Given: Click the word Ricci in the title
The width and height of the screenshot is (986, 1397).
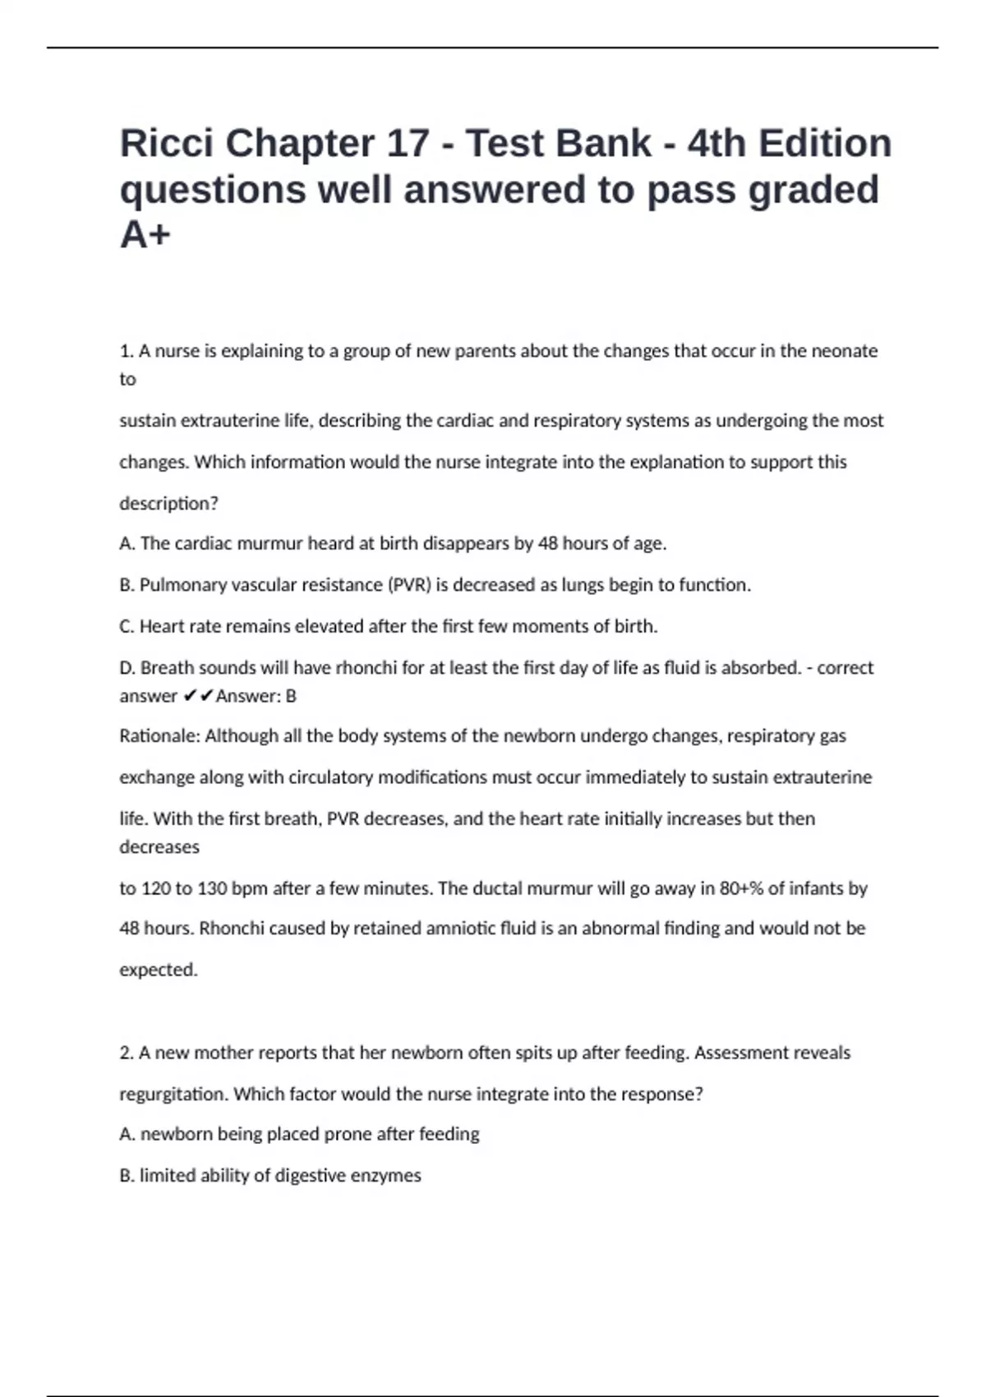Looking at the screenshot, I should click(x=166, y=144).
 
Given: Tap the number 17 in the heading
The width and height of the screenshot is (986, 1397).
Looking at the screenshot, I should click(x=408, y=144).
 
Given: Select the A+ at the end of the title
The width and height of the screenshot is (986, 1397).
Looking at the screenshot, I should click(x=145, y=235).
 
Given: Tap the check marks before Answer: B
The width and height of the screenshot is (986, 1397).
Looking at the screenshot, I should click(x=197, y=696).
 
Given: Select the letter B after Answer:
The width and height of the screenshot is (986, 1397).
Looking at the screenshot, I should click(x=290, y=696).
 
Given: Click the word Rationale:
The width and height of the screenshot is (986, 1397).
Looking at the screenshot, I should click(x=159, y=736).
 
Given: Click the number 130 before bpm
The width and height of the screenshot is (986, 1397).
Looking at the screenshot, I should click(x=213, y=888).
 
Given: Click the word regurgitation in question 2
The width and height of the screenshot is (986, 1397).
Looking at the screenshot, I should click(x=174, y=1095).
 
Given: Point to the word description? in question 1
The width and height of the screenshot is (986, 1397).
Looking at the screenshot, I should click(x=168, y=504).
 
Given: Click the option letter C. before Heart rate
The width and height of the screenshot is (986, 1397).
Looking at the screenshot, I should click(x=127, y=626).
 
